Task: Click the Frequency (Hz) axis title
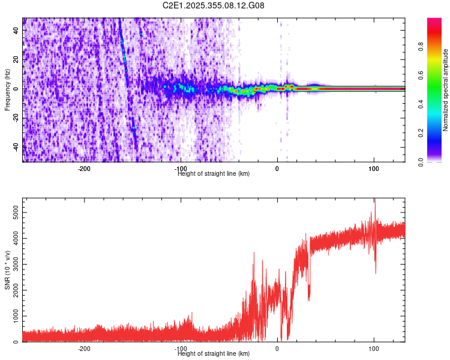point(7,89)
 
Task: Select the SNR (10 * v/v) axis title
point(7,270)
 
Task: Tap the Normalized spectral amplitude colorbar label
point(446,90)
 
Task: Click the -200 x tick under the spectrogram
point(84,169)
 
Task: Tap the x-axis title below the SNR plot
point(214,354)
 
